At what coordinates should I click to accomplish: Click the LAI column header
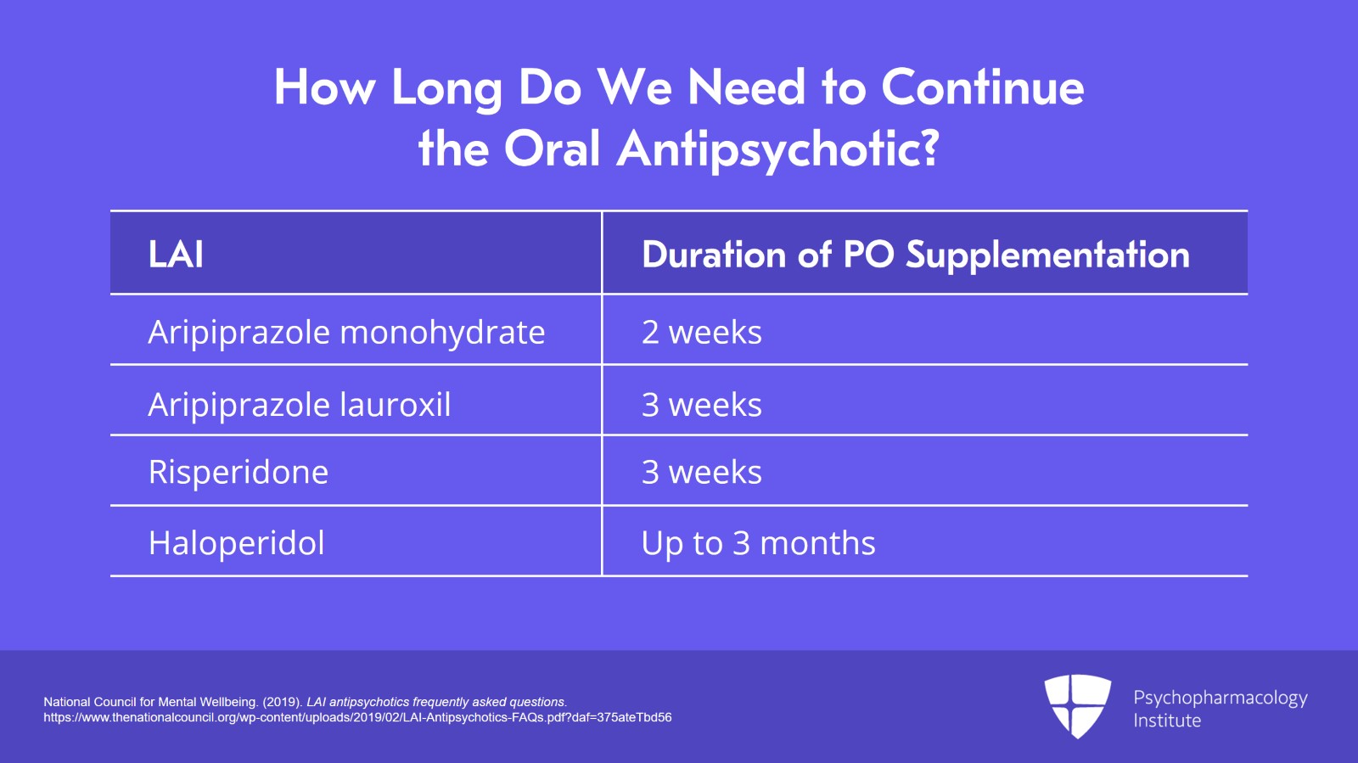[176, 254]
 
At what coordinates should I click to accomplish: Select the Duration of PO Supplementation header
[915, 254]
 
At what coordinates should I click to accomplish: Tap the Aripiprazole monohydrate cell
[346, 332]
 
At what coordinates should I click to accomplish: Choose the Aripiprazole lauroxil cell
[299, 405]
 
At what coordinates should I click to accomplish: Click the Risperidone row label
[238, 472]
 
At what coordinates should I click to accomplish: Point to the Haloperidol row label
[236, 543]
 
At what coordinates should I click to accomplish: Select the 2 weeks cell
[701, 332]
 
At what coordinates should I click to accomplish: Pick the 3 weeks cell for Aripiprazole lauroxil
[701, 405]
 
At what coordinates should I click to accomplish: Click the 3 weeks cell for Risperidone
[701, 472]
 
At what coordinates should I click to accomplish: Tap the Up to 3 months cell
[758, 543]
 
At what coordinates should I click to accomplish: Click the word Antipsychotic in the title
[777, 149]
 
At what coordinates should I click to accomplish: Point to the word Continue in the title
[982, 87]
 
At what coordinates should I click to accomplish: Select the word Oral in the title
[552, 149]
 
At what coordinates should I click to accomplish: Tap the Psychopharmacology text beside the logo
[1220, 698]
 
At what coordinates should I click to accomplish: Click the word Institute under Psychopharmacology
[1167, 721]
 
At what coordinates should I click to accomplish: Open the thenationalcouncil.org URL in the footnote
[357, 717]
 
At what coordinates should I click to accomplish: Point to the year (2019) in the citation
[282, 702]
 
